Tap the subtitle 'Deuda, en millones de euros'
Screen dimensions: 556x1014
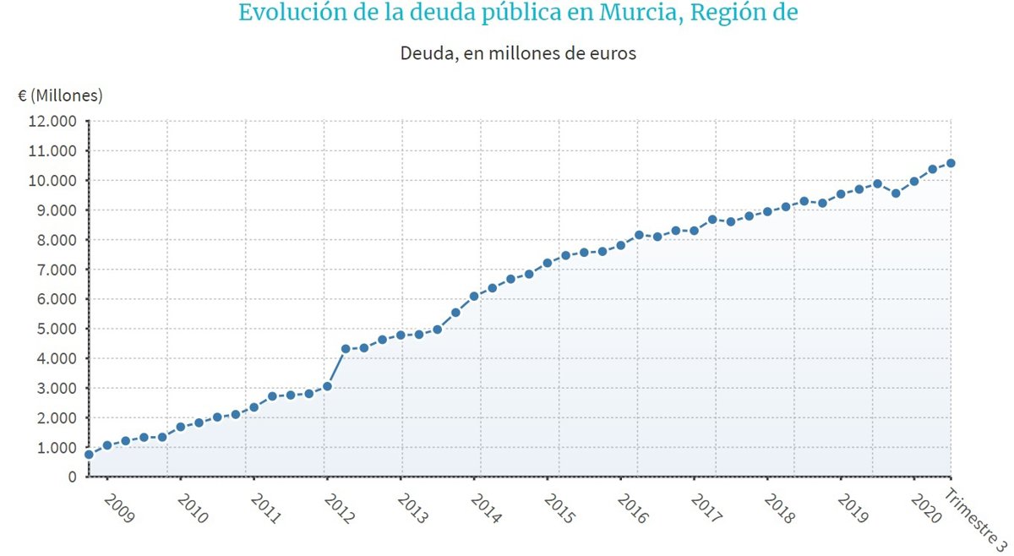(x=517, y=53)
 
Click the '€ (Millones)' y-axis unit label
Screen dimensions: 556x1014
(x=60, y=95)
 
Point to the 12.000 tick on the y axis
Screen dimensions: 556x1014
(x=52, y=121)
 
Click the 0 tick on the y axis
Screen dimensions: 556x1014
(x=72, y=477)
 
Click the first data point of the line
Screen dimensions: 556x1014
(x=89, y=455)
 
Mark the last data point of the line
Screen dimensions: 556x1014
(x=951, y=163)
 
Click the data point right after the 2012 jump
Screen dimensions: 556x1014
(x=345, y=349)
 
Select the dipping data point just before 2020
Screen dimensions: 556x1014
(x=896, y=194)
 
